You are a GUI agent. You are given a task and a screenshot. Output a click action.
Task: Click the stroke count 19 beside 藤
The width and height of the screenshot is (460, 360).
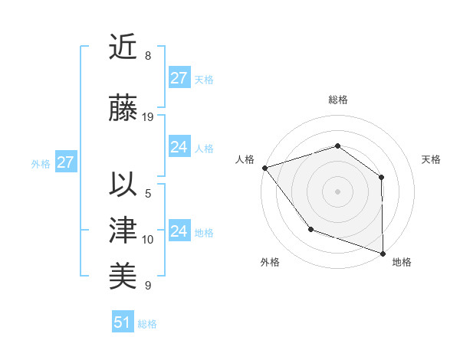click(148, 117)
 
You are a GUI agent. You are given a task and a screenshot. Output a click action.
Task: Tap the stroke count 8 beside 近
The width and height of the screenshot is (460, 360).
click(148, 56)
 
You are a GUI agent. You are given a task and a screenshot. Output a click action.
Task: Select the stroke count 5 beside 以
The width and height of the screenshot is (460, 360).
click(148, 193)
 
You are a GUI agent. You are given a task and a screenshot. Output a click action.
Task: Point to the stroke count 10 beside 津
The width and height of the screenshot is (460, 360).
click(148, 240)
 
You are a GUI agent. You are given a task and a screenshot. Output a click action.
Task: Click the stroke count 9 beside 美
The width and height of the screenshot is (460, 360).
click(148, 286)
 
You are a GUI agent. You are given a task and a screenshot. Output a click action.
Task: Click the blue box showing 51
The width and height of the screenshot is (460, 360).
click(123, 322)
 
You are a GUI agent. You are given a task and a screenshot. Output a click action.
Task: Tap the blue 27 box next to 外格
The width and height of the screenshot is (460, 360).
click(65, 162)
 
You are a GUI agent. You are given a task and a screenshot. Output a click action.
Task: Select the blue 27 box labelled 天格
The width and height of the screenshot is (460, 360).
click(179, 78)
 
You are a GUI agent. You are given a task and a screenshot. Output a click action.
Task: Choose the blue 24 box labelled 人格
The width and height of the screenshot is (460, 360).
click(179, 147)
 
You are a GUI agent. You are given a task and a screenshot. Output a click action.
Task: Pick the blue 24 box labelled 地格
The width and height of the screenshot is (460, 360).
click(179, 231)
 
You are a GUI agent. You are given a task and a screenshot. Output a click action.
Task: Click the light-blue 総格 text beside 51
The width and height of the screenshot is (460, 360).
click(147, 324)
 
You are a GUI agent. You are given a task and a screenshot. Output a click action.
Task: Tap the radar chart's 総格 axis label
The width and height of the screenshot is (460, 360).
click(337, 100)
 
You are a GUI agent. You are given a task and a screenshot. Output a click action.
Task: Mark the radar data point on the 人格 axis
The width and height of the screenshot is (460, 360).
click(264, 168)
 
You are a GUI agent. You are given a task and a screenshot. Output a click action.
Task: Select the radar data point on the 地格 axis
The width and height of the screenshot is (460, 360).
click(383, 253)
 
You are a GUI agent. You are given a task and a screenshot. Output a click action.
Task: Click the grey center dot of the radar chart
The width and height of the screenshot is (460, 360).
click(337, 191)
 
